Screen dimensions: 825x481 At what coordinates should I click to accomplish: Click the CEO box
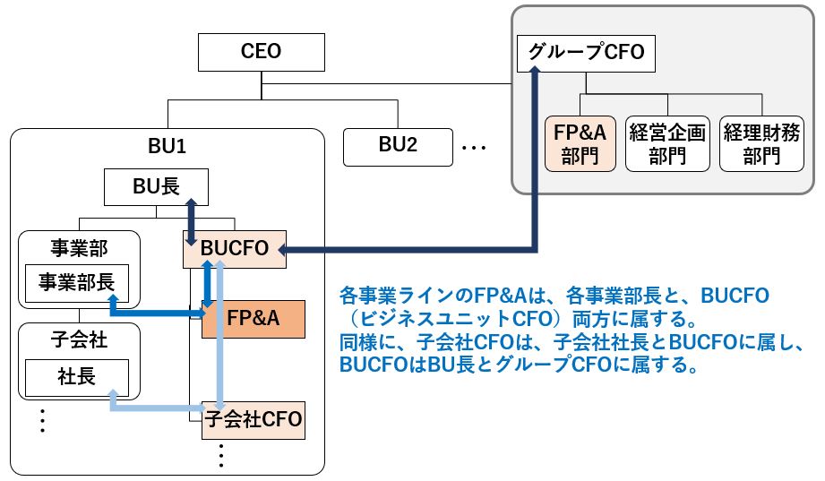(x=261, y=52)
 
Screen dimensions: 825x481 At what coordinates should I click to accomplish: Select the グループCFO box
(x=586, y=53)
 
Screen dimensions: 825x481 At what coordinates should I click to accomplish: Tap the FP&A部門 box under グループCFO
(x=580, y=143)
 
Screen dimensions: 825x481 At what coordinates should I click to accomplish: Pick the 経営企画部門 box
(x=667, y=143)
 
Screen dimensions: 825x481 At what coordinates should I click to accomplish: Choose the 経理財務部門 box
(x=761, y=143)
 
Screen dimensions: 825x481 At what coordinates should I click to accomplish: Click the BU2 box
(x=398, y=148)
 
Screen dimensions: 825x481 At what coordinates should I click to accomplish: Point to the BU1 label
(x=167, y=146)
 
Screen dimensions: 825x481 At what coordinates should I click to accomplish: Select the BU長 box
(x=156, y=187)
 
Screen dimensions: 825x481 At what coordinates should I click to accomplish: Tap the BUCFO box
(x=234, y=249)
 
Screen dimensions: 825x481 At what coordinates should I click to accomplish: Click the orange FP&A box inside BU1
(x=254, y=319)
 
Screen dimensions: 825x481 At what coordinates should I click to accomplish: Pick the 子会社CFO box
(x=254, y=420)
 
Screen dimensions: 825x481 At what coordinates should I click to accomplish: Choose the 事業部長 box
(x=77, y=283)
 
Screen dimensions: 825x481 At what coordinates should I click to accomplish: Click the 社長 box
(x=77, y=378)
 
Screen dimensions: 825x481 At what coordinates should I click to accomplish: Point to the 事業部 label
(x=79, y=248)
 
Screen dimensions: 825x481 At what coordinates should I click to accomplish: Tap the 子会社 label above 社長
(x=79, y=340)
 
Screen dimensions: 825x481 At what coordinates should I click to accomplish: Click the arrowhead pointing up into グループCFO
(x=534, y=72)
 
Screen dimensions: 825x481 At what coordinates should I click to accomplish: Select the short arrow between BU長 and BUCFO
(x=191, y=222)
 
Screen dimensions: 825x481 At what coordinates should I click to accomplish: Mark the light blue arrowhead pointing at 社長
(x=112, y=394)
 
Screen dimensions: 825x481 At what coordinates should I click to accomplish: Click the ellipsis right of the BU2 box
(x=474, y=148)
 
